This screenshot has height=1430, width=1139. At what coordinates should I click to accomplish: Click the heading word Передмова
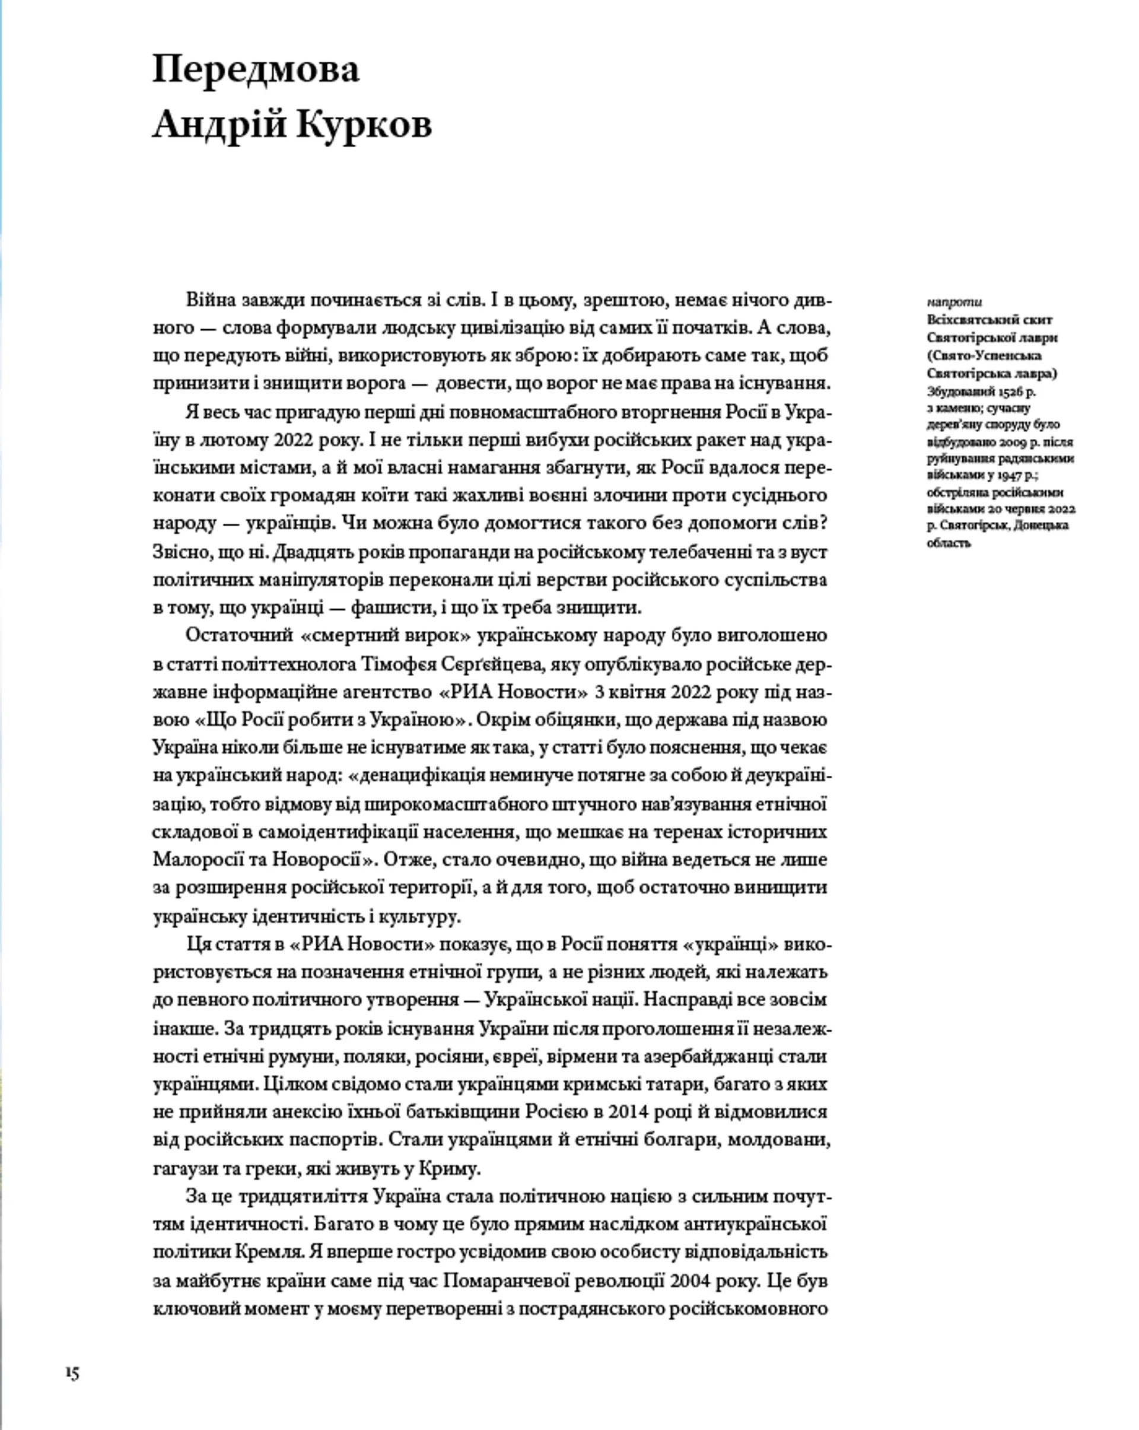(x=256, y=69)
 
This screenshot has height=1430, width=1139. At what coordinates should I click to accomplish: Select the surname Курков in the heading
(x=364, y=124)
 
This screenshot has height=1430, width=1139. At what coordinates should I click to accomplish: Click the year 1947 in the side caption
(x=1010, y=475)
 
